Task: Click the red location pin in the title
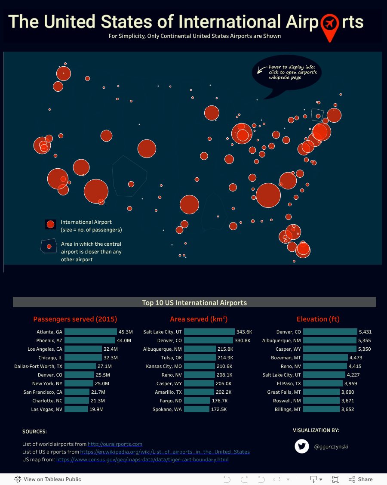[330, 25]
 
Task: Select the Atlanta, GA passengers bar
[90, 332]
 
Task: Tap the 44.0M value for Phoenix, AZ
[124, 340]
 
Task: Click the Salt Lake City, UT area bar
[209, 332]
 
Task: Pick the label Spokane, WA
[167, 409]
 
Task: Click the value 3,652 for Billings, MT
[347, 409]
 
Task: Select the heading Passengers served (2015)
[75, 319]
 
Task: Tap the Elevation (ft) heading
[318, 319]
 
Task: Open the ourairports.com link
[115, 444]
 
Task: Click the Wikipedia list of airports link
[165, 452]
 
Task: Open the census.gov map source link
[142, 460]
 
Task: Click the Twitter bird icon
[302, 446]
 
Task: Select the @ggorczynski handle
[331, 447]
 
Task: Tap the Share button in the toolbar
[361, 479]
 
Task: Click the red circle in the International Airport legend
[50, 224]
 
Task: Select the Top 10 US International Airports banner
[194, 303]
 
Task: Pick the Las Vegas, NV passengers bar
[76, 409]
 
